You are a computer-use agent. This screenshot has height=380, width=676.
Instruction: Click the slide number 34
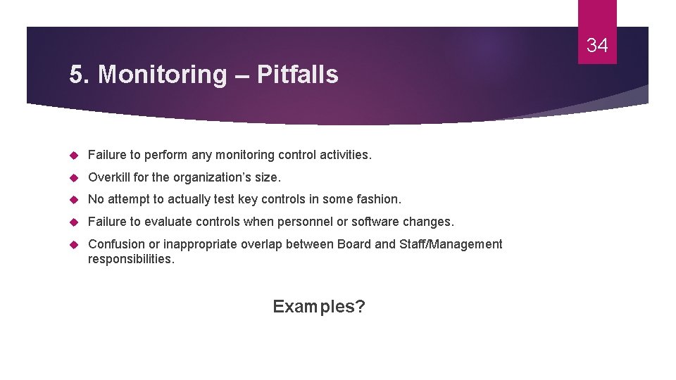(x=597, y=46)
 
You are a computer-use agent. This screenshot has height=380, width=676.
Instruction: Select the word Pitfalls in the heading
(x=298, y=75)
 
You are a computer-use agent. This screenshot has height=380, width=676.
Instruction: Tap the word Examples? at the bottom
(x=319, y=307)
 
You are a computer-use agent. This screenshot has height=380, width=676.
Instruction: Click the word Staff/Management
(x=451, y=244)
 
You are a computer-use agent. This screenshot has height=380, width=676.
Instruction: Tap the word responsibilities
(x=131, y=259)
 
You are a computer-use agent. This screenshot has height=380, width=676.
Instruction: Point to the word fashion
(x=379, y=199)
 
